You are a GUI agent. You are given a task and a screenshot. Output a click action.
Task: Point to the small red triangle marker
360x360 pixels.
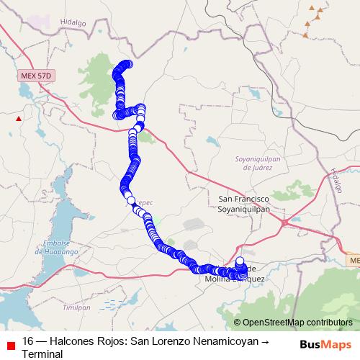point(19,117)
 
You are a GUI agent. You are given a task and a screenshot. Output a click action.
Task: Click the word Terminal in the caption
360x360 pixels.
point(42,354)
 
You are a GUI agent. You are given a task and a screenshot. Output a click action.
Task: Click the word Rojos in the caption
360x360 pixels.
point(111,342)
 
